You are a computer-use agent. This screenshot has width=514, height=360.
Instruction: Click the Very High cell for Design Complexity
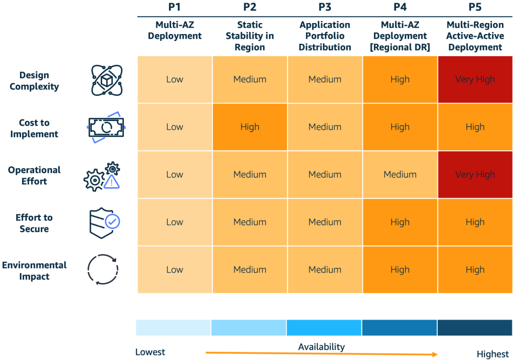pos(475,79)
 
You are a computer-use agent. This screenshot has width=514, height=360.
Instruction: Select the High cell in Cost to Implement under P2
pos(249,127)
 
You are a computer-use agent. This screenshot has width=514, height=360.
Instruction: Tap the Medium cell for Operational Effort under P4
pos(400,175)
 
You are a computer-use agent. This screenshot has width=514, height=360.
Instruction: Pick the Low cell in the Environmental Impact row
pos(175,270)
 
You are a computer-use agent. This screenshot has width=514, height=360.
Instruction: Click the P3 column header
pos(325,8)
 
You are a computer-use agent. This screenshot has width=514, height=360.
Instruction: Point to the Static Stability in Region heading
pos(249,36)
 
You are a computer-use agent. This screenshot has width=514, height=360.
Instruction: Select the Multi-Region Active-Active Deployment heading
pos(475,36)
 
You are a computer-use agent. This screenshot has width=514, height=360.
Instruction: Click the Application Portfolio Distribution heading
pos(325,36)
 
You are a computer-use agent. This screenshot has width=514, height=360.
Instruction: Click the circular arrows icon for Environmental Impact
pos(102,270)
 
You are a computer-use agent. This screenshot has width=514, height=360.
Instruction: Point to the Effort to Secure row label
pos(34,223)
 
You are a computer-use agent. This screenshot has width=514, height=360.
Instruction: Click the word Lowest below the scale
pos(150,352)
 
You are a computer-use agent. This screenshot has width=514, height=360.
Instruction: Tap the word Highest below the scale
pos(492,354)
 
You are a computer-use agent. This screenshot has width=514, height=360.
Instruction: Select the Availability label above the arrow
pos(321,347)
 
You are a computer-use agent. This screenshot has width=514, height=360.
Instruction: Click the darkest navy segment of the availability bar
pos(475,328)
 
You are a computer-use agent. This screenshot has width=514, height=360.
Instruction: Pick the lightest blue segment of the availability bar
pos(173,328)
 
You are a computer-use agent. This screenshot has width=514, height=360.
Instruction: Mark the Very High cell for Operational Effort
pos(475,175)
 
